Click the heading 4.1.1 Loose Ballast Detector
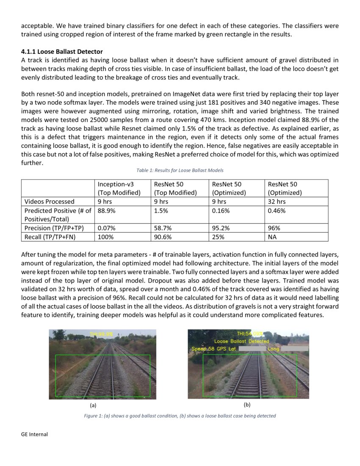tap(62, 52)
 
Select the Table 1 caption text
tap(180, 170)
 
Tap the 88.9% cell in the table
tap(106, 211)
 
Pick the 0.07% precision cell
tap(106, 228)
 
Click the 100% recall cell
tap(105, 237)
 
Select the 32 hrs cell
tap(277, 202)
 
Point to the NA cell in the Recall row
tap(273, 237)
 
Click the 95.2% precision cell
tap(221, 228)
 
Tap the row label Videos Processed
tap(50, 202)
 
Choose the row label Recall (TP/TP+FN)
tap(50, 237)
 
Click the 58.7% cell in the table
tap(163, 228)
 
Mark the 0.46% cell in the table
tap(277, 211)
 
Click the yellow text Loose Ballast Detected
tap(241, 341)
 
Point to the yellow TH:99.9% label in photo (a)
tap(101, 334)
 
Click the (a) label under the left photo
tap(94, 405)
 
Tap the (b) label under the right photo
tap(248, 405)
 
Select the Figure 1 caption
tap(180, 416)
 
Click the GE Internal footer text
tap(34, 434)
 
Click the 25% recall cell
tap(218, 237)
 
